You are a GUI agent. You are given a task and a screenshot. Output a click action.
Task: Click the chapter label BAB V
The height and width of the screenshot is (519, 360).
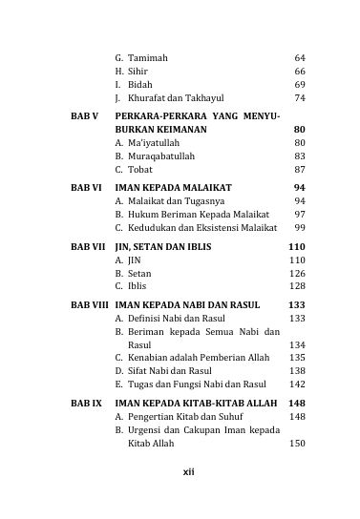pos(85,115)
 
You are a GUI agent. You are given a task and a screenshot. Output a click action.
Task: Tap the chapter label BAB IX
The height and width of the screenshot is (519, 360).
pos(86,404)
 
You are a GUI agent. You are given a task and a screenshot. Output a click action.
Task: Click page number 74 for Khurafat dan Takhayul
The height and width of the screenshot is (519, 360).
pos(300,98)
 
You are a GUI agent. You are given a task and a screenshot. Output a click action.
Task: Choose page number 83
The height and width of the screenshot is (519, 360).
pos(300,156)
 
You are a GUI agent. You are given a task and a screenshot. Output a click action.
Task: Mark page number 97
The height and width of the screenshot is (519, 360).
pos(300,215)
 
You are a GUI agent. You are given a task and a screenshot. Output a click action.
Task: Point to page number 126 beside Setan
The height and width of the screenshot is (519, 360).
pos(297,273)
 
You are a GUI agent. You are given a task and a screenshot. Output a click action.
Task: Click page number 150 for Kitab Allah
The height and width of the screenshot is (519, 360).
pos(297,444)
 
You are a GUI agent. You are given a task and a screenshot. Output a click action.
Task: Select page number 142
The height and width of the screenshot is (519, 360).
pos(297,384)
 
